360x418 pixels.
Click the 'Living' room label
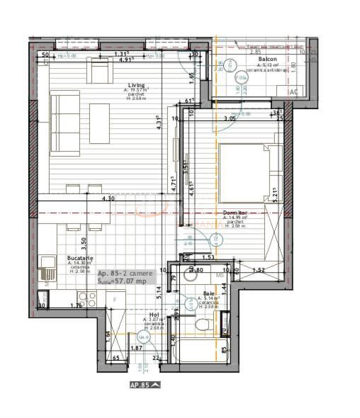pos(136,86)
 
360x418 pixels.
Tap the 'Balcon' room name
pos(267,60)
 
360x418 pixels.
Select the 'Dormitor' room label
pos(233,212)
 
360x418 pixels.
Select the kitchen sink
pos(47,268)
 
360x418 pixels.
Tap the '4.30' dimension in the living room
pos(108,199)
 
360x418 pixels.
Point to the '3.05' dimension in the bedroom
pos(229,119)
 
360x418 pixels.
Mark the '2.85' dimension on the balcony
pos(255,52)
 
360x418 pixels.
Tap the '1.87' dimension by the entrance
pos(137,348)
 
